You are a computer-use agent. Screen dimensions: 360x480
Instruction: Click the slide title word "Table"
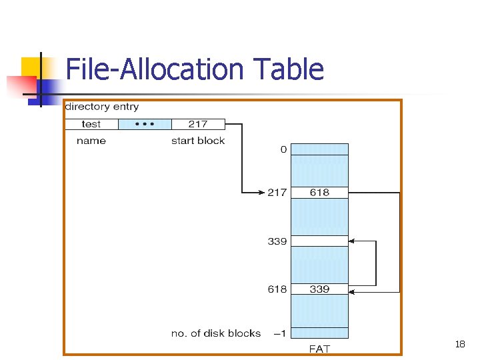point(289,69)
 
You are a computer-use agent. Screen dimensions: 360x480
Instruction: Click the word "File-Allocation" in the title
point(156,69)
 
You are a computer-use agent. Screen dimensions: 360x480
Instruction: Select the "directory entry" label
point(102,107)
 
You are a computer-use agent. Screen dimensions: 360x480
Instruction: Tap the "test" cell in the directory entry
point(91,124)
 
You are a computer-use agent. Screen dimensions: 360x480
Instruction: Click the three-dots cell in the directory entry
point(145,124)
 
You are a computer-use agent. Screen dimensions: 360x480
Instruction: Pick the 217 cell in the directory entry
point(198,124)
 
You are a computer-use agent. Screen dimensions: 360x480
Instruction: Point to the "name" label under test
point(91,141)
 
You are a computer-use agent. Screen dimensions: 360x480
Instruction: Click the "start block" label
point(198,141)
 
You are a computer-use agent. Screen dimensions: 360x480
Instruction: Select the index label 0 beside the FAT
point(283,149)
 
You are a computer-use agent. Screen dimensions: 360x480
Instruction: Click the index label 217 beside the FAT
point(277,193)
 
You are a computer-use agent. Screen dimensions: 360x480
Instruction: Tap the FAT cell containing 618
point(319,193)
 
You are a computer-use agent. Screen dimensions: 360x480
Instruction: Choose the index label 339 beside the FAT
point(277,241)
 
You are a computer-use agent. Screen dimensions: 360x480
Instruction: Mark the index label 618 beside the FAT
point(277,289)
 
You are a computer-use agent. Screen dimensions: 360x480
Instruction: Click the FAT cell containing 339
point(319,289)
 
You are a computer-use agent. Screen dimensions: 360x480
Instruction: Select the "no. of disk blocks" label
point(216,333)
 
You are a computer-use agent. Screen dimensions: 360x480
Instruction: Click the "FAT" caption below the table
point(319,349)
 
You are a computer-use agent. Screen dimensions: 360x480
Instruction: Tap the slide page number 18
point(459,345)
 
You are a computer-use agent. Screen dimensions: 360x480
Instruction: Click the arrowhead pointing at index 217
point(261,193)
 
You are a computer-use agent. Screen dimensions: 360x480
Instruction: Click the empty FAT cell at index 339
point(319,241)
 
